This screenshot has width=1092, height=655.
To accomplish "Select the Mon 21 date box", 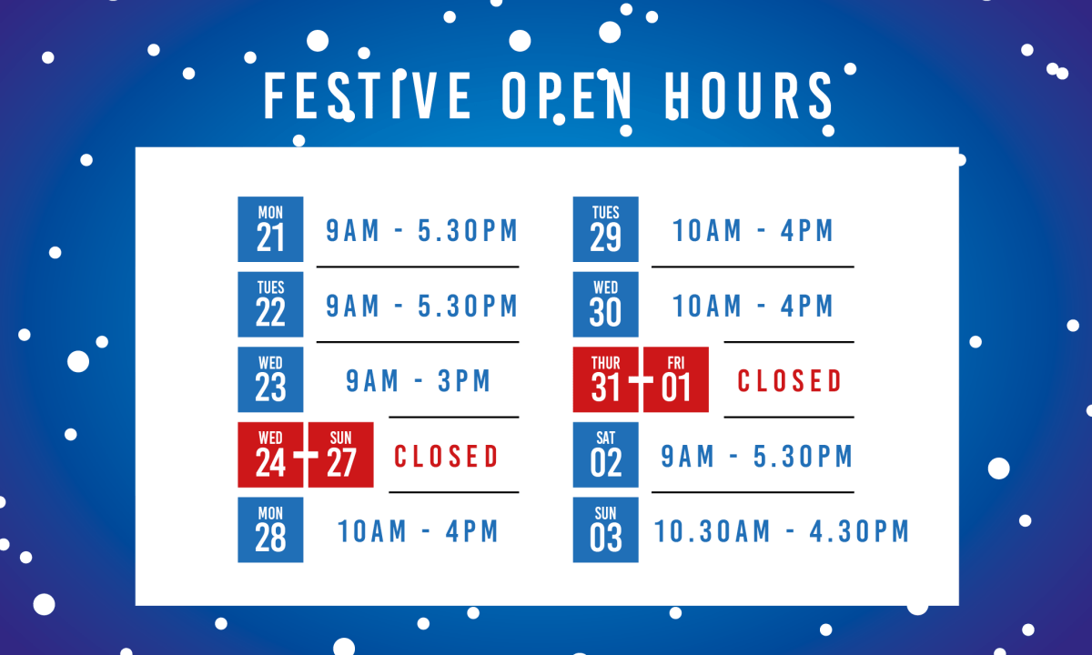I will coord(270,229).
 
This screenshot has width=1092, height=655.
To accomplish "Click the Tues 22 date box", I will coord(270,305).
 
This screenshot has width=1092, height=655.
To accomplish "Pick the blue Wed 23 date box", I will coord(270,379).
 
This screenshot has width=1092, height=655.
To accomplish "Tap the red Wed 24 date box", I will coord(270,455).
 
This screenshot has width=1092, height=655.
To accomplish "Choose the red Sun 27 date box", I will coord(341,455).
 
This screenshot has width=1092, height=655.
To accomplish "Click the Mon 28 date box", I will coord(270,529).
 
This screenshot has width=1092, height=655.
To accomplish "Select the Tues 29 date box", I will coord(605,229).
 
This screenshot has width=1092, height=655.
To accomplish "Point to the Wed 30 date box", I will coord(605,305).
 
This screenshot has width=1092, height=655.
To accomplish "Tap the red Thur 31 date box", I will coord(605,379).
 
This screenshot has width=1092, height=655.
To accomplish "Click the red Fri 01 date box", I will coord(676,379).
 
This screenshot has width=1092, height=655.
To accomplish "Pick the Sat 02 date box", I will coord(605,455).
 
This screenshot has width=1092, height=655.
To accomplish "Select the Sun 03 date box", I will coord(605,529).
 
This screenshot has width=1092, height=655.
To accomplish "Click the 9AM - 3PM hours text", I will coord(419,381).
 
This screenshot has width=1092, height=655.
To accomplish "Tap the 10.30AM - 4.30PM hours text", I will coord(782,531).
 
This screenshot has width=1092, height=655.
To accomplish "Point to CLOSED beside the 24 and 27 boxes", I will coord(446,456).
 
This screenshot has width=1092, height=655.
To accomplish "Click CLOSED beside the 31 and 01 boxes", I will coord(790,381).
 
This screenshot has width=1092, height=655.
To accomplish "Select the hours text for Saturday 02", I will coord(757,457).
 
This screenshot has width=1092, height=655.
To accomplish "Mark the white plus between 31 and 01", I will coord(641,380).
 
